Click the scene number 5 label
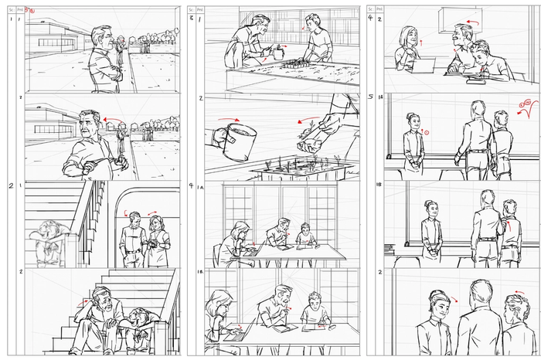371,97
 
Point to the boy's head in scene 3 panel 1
311,21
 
